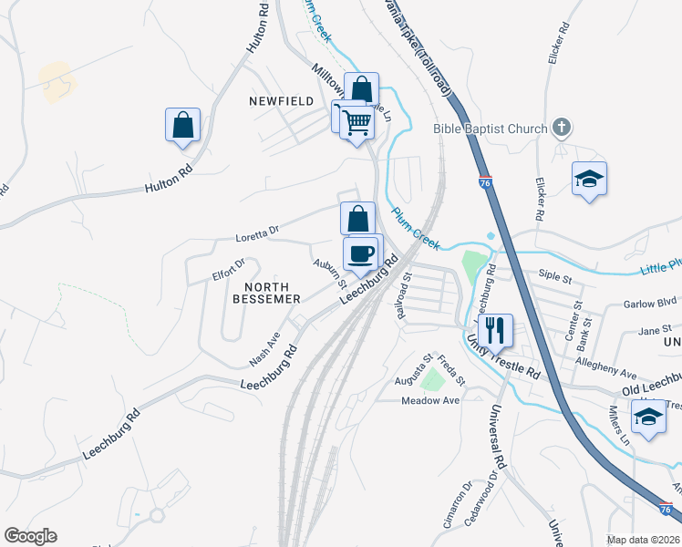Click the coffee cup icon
362,253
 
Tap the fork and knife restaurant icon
495,329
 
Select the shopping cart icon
356,121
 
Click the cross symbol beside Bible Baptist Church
563,129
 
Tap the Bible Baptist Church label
491,129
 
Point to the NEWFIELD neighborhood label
282,101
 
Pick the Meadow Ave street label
433,399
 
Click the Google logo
30,536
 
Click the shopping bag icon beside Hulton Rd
182,125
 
